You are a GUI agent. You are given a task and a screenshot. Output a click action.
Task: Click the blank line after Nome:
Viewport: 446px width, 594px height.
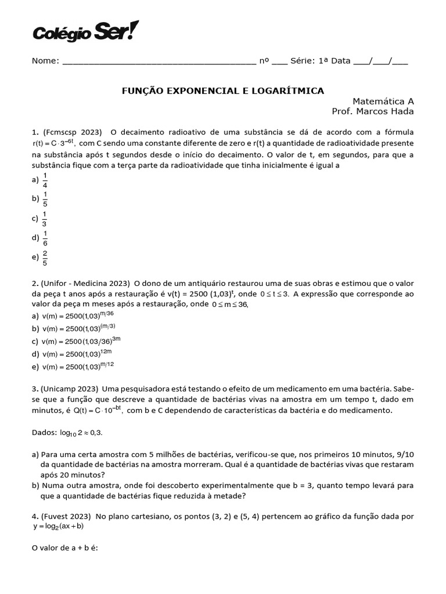(158, 61)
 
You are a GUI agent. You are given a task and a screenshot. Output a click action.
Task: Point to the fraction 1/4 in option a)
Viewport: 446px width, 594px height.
(45, 180)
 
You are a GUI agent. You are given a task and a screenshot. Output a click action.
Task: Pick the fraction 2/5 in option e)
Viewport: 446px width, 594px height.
(45, 257)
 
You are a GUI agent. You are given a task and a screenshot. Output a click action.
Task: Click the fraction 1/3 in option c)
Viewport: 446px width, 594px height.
(45, 219)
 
